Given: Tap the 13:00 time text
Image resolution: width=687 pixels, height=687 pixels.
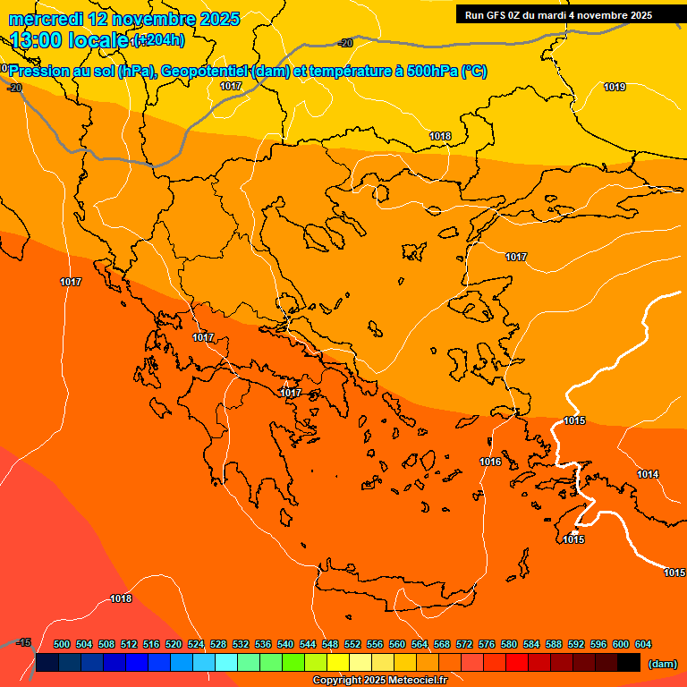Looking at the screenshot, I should (x=36, y=39).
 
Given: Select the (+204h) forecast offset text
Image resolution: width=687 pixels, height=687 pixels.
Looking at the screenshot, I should (x=158, y=40).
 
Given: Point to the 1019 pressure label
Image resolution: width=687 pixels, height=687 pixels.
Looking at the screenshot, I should (x=615, y=87).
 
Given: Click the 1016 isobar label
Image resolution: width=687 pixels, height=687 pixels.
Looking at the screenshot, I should (x=490, y=462).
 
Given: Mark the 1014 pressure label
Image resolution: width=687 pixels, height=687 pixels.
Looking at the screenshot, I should (x=648, y=474).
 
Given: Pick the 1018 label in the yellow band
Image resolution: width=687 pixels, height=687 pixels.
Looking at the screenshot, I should (x=440, y=136).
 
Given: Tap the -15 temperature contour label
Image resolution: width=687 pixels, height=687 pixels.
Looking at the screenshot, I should (x=23, y=642).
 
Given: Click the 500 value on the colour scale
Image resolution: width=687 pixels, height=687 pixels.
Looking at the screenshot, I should (x=62, y=644).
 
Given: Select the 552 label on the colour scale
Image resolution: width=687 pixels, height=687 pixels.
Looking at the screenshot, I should (x=352, y=644).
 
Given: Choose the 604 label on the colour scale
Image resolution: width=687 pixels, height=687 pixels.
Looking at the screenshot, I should (x=643, y=644).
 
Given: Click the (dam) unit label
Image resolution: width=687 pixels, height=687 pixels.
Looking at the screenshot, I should (x=662, y=664).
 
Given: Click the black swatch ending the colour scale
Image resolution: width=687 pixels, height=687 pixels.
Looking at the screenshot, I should (x=629, y=663).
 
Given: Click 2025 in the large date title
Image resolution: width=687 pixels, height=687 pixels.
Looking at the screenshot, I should (x=217, y=19).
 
